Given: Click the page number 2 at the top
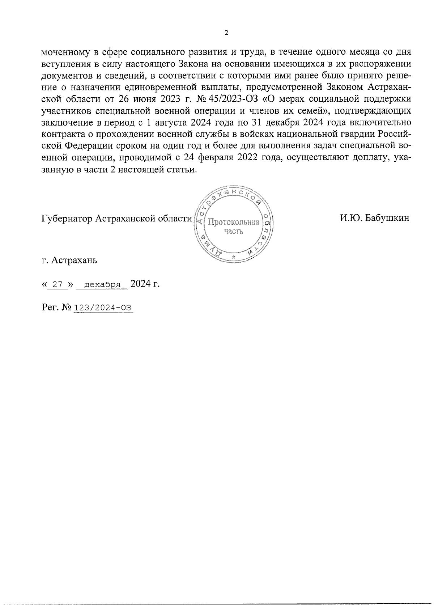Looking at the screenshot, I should (227, 33).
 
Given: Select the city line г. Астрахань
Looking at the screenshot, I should (69, 260).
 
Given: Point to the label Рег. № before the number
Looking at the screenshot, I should (56, 308).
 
